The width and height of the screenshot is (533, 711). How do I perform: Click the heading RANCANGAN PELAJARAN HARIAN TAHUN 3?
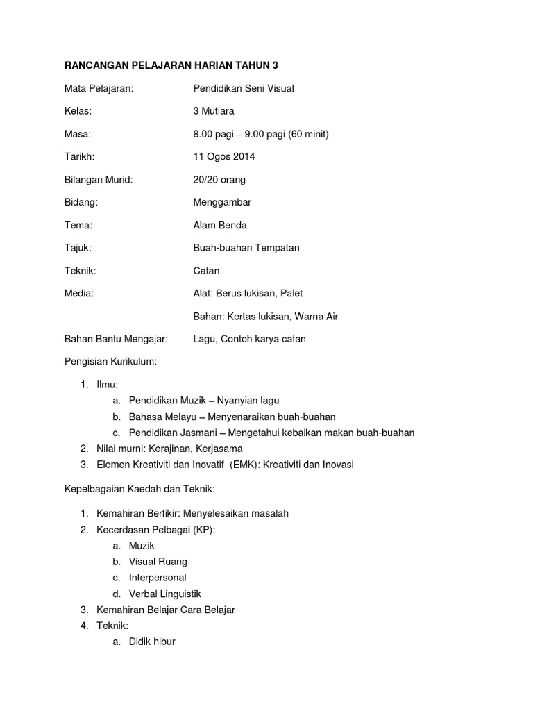coord(171,65)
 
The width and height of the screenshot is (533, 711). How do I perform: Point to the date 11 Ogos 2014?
coord(224,156)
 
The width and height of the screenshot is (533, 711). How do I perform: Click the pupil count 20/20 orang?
coord(219,179)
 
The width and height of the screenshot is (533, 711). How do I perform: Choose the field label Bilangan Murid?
coord(98,179)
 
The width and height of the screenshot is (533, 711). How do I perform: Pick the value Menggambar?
coord(222,202)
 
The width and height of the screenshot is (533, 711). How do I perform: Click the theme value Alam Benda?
coord(220,225)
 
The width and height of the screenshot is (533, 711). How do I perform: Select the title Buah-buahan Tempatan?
coord(246,248)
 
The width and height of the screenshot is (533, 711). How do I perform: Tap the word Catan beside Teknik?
coord(206,271)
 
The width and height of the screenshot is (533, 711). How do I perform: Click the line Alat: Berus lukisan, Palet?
coord(248,293)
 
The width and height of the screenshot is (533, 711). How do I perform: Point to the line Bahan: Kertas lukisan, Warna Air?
coord(266,316)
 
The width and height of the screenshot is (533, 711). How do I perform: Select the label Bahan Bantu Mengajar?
coord(116,339)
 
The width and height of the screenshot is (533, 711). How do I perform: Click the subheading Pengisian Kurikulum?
coord(110,362)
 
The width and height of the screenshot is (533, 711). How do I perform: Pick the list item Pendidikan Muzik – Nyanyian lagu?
coord(204,400)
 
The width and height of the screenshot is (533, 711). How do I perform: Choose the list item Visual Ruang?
coord(158,561)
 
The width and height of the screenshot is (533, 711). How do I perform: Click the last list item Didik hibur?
coord(152,642)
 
